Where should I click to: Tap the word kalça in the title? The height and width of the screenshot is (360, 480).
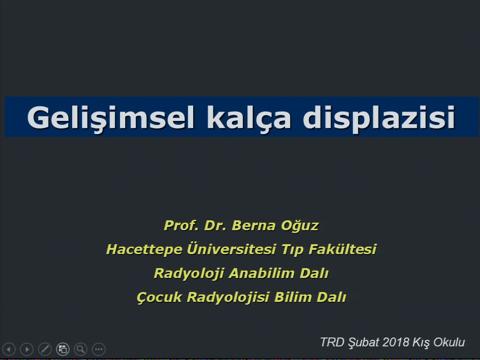(x=248, y=118)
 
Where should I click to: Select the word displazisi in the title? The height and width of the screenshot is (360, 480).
(x=379, y=118)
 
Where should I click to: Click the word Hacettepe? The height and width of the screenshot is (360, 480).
(x=144, y=249)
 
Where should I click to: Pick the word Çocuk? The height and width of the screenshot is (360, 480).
(x=159, y=297)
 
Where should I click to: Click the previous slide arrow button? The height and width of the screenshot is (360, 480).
(x=9, y=349)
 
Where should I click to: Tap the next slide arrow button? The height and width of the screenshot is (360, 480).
(x=27, y=349)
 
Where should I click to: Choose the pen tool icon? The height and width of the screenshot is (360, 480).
(x=45, y=349)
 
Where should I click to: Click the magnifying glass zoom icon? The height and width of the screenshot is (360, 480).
(x=81, y=349)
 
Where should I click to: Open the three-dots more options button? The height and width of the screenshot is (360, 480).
(x=98, y=349)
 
